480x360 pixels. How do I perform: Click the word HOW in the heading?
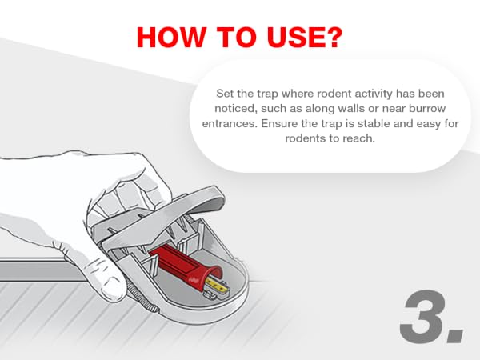coord(171,38)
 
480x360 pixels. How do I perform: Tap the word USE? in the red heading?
coord(304,38)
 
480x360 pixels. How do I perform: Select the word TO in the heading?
coord(236,38)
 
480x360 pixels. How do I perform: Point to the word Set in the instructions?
coord(226,94)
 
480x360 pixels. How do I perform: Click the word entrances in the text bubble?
coord(230,124)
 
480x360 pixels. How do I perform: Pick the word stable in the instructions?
coord(374,124)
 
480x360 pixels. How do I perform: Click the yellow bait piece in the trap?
coord(217,286)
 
